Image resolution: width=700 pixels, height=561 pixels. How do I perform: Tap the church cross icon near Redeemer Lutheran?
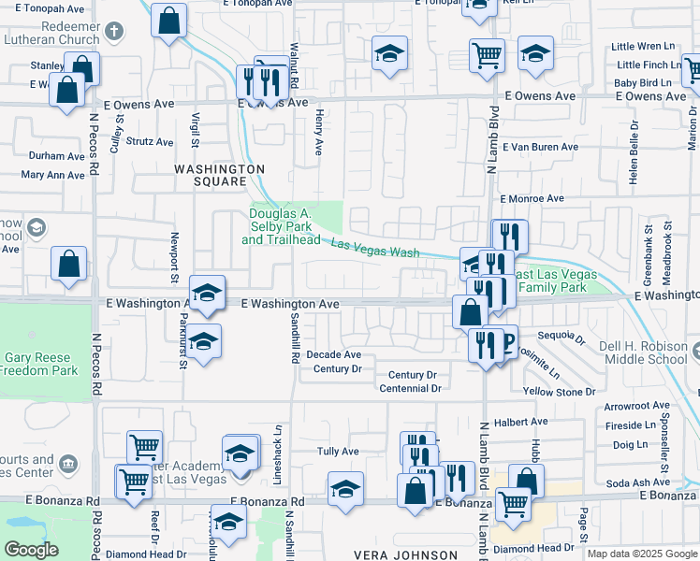[x=113, y=31]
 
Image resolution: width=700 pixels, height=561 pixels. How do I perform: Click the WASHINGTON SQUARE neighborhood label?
[x=220, y=175]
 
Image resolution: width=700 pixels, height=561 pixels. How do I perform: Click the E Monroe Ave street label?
[x=532, y=198]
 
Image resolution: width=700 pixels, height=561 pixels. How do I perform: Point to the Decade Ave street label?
[x=333, y=354]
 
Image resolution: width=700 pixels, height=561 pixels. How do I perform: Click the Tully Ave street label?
[x=338, y=451]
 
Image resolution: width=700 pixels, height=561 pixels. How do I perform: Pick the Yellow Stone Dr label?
[x=554, y=392]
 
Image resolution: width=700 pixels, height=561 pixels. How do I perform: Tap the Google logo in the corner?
[x=32, y=550]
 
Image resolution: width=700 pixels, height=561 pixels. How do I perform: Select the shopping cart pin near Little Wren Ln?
[x=487, y=55]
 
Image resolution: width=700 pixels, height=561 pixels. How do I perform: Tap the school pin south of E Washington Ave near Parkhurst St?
[x=203, y=342]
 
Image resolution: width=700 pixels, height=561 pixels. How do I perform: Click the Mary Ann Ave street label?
[x=52, y=175]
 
